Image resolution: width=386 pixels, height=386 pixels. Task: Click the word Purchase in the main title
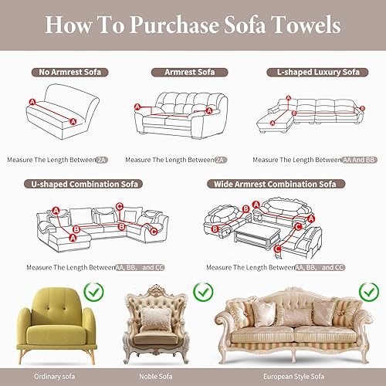click(174, 25)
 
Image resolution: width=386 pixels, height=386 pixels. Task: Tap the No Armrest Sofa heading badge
click(70, 73)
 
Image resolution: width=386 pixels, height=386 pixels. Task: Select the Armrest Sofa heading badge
click(189, 73)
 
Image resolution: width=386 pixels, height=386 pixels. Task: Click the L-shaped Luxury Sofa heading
click(317, 73)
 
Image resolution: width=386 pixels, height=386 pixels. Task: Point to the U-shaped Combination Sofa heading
click(83, 185)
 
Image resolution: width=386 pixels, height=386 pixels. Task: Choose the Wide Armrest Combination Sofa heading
click(276, 185)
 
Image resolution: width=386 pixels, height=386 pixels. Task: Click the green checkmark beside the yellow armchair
click(94, 292)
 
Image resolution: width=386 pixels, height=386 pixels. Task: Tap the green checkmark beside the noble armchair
click(203, 292)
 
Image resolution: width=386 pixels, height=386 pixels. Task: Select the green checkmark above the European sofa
click(369, 292)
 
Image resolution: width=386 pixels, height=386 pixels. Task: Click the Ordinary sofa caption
click(54, 377)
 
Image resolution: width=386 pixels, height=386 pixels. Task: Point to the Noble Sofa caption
click(156, 377)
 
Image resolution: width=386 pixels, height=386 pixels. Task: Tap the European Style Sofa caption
click(293, 377)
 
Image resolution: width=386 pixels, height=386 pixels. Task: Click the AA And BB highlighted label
click(360, 160)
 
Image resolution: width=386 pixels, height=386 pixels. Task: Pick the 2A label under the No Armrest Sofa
click(102, 160)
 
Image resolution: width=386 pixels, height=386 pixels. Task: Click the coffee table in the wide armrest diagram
click(257, 236)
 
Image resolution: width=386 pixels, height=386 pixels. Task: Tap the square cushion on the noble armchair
click(156, 319)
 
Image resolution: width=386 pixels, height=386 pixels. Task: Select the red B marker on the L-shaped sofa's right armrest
click(362, 108)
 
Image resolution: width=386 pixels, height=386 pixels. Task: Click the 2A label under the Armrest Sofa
click(221, 160)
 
